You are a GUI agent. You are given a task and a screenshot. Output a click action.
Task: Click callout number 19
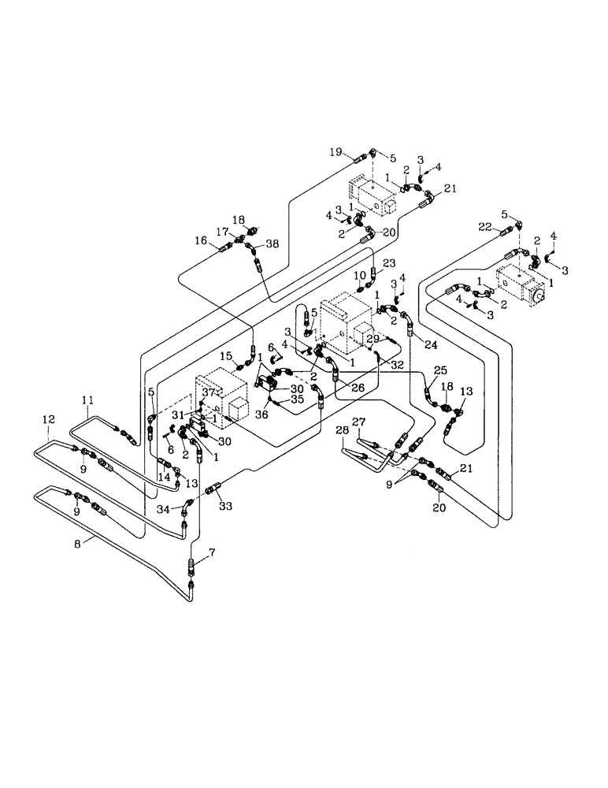335,153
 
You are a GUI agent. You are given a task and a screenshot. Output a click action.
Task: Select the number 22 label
486,227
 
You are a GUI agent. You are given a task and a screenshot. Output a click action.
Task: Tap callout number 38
272,244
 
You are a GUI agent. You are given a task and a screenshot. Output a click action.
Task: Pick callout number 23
388,264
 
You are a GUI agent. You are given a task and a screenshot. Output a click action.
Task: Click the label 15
226,356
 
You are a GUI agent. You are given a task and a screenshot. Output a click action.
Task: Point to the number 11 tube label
88,400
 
